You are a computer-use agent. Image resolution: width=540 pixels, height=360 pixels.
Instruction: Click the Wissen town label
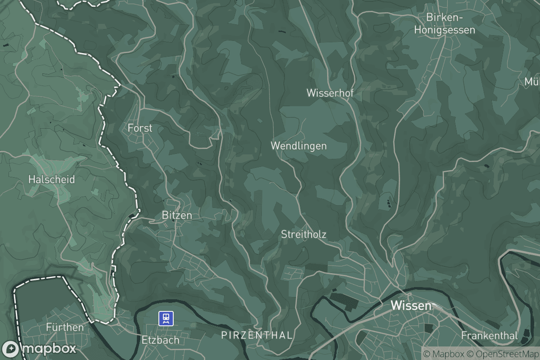410,306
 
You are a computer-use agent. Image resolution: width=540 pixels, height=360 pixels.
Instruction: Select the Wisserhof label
329,93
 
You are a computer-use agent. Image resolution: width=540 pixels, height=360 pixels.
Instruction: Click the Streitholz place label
303,234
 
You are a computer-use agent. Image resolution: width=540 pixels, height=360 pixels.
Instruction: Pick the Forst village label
140,128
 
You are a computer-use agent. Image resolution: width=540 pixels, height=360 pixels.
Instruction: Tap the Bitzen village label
176,216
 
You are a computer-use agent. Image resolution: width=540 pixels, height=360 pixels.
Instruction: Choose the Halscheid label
51,179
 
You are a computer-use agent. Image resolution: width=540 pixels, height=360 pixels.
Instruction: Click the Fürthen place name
65,327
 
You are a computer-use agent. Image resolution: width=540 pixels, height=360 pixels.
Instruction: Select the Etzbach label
160,340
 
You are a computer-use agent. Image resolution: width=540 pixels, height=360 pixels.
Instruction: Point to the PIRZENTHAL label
257,335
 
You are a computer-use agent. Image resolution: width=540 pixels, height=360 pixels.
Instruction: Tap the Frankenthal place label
489,336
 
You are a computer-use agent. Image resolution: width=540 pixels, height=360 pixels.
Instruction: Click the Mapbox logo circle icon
10,349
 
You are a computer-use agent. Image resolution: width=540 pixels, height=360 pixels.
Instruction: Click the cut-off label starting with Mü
532,82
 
